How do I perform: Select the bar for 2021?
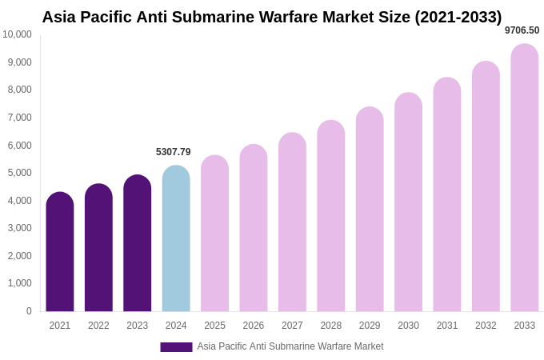(60, 252)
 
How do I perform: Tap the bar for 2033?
(525, 178)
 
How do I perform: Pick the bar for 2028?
(331, 216)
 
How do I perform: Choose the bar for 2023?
(138, 243)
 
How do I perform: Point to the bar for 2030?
(408, 202)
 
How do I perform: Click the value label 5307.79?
(174, 152)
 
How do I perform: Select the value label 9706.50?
(522, 30)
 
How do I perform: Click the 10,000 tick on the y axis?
(17, 34)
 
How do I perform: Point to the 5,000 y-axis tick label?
(20, 173)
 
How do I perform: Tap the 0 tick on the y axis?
(29, 311)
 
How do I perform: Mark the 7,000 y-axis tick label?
(20, 118)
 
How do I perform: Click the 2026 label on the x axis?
(254, 326)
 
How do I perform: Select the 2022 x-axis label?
(98, 326)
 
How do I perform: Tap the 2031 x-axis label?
(447, 326)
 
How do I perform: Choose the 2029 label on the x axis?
(370, 326)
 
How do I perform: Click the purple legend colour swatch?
(176, 347)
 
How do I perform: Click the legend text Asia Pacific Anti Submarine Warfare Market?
(290, 346)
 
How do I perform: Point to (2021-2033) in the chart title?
(458, 17)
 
